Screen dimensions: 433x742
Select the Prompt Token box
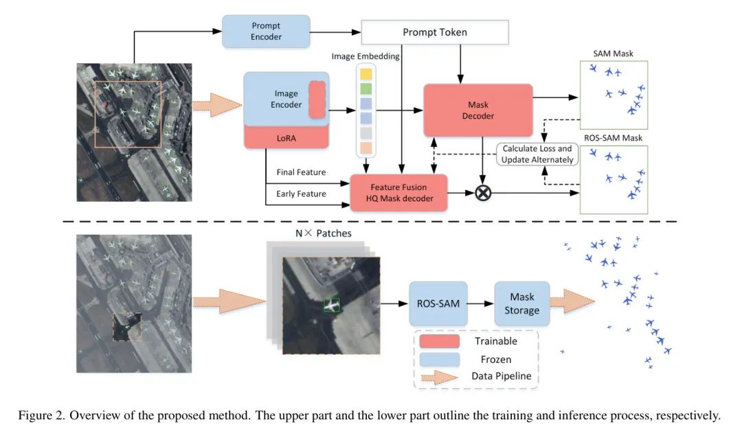point(434,32)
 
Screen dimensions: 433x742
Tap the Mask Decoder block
point(477,110)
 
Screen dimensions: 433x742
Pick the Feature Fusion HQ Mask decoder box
point(398,192)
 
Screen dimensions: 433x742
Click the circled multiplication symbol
point(484,194)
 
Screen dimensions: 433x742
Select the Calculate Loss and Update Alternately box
point(537,154)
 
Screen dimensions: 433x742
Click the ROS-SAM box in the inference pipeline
point(438,303)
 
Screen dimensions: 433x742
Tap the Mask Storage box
point(522,303)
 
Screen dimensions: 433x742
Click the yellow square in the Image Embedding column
point(366,73)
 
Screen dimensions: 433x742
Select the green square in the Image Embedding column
point(366,89)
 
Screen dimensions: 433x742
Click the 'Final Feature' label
point(302,172)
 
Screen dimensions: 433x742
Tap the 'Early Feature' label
point(302,194)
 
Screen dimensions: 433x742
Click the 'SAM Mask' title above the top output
point(613,53)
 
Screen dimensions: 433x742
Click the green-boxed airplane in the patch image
point(332,305)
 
